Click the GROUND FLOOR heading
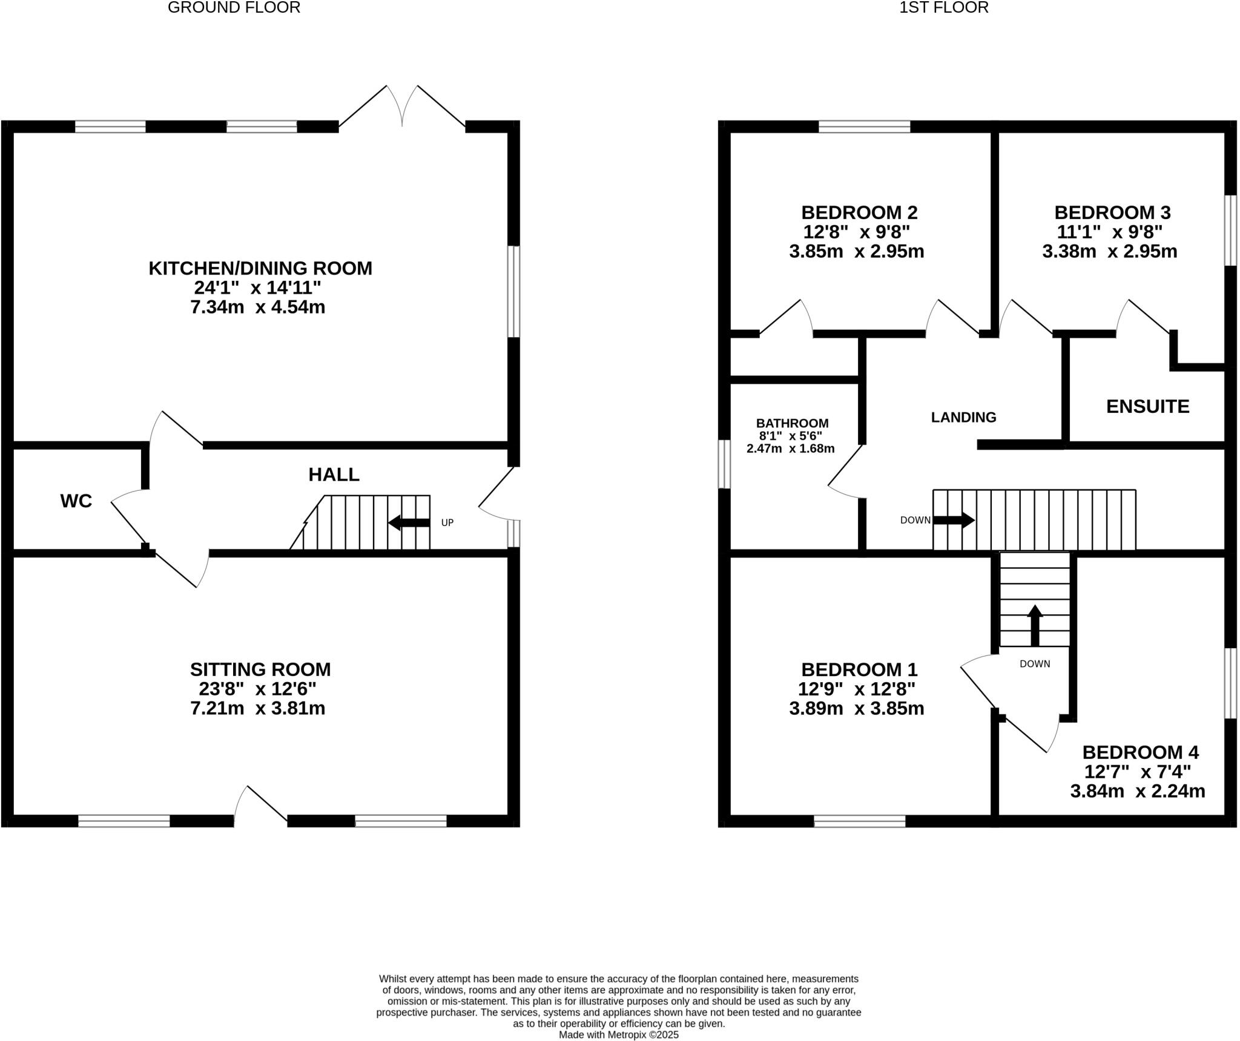234,8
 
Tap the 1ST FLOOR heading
943,8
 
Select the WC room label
76,501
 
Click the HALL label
334,475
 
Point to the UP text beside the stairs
447,523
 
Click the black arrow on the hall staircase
409,523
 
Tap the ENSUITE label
1147,406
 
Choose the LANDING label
963,417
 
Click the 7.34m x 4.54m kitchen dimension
258,307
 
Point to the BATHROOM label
792,423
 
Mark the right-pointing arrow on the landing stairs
954,520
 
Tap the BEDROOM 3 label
1112,212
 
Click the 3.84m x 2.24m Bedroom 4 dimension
1137,791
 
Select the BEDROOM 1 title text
859,669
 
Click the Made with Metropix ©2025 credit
618,1035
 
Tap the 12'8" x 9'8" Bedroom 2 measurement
857,232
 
